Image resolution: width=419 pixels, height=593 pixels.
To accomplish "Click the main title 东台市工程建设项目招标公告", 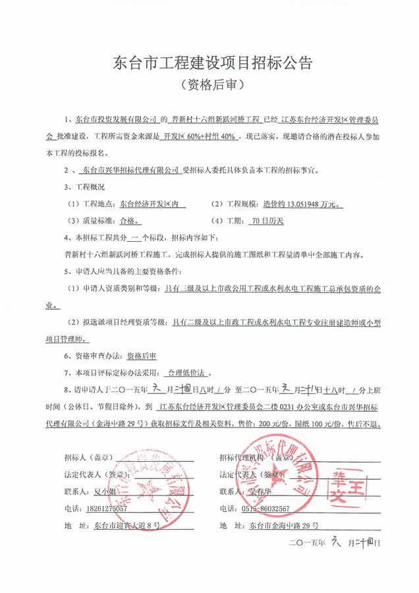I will [x=209, y=64].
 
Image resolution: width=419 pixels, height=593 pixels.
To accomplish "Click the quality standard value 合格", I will [x=127, y=221].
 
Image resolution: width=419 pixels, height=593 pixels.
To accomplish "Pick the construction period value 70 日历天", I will [x=267, y=221].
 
